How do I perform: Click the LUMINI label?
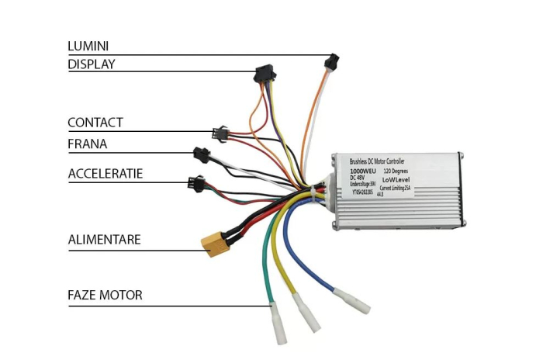[x=88, y=47]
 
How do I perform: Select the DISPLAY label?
[x=91, y=64]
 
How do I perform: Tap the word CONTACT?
[x=95, y=123]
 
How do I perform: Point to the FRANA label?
[x=87, y=144]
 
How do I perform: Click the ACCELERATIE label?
[x=105, y=172]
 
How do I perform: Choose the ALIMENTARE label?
[x=104, y=239]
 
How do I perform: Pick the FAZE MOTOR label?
[x=105, y=295]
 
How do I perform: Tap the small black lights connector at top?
[x=334, y=60]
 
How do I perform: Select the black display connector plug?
[x=263, y=74]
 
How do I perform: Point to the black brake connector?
[x=201, y=154]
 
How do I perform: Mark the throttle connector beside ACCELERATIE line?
[x=193, y=184]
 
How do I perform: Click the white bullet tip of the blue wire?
[x=345, y=299]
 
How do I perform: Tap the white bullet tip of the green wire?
[x=277, y=322]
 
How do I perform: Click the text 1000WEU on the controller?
[x=363, y=170]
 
